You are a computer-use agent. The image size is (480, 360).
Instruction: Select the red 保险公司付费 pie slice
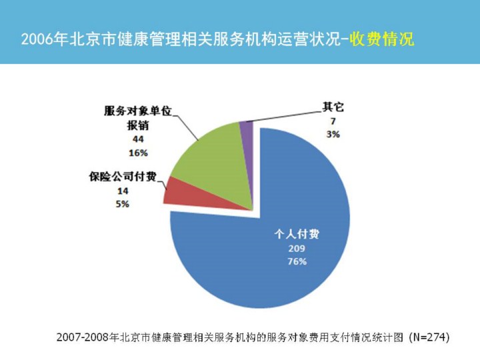click(x=175, y=191)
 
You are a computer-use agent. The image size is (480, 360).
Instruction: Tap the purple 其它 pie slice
click(x=246, y=131)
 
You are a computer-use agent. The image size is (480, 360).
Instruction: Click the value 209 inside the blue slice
click(x=297, y=248)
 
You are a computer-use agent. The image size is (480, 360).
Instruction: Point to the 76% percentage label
click(x=297, y=261)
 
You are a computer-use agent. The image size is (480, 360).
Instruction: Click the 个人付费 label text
click(x=297, y=235)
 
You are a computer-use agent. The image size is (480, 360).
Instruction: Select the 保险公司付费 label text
click(x=123, y=177)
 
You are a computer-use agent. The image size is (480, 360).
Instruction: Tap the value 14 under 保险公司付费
click(x=123, y=191)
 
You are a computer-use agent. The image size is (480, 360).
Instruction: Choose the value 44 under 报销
click(x=138, y=139)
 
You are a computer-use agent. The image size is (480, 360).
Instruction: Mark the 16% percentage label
click(x=138, y=153)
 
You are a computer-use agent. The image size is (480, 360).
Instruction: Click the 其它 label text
click(x=333, y=107)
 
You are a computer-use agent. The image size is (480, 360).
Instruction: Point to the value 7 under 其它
click(x=332, y=121)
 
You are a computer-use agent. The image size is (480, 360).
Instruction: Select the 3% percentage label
click(x=332, y=134)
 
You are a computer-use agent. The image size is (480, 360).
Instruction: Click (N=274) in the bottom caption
click(x=429, y=337)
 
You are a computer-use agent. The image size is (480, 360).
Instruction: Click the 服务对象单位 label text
click(x=138, y=111)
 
